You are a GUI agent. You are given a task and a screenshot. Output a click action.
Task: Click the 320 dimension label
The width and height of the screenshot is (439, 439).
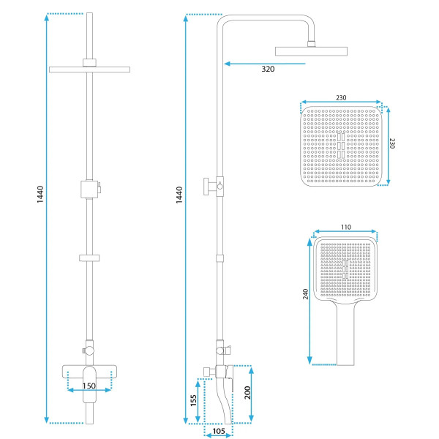[x=268, y=69]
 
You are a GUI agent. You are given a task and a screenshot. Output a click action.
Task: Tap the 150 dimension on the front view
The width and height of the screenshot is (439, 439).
[x=89, y=386]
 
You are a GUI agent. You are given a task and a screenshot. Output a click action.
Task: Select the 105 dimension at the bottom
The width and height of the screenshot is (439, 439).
[x=219, y=431]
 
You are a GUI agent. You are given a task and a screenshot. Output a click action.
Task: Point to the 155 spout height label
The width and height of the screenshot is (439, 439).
[x=193, y=400]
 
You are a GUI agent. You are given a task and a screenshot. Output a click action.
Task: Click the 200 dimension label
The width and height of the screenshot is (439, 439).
[x=247, y=392]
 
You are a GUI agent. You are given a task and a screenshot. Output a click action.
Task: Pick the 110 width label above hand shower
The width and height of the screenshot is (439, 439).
[x=346, y=227]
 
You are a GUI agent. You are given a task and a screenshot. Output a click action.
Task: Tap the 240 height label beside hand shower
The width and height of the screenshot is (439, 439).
[x=305, y=294]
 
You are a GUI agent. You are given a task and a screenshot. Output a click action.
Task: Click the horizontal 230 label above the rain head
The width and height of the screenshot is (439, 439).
[x=341, y=98]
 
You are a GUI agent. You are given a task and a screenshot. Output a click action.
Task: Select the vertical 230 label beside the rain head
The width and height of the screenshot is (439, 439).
[x=392, y=143]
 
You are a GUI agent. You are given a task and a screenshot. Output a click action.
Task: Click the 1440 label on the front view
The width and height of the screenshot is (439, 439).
[x=40, y=195]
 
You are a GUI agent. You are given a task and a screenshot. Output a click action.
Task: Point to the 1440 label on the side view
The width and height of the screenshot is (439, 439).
[x=179, y=195]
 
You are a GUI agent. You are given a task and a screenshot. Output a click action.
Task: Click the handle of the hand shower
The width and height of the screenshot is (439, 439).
[x=345, y=333]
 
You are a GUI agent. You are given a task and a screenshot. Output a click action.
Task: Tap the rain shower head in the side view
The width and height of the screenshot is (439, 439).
[x=312, y=51]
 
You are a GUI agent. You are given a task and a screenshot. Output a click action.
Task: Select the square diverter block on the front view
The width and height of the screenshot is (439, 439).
[x=89, y=190]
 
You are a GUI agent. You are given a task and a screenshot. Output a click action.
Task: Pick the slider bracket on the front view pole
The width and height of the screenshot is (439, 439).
[x=89, y=258]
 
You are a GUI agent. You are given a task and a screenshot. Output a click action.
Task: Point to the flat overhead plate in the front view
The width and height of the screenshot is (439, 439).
[x=89, y=70]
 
